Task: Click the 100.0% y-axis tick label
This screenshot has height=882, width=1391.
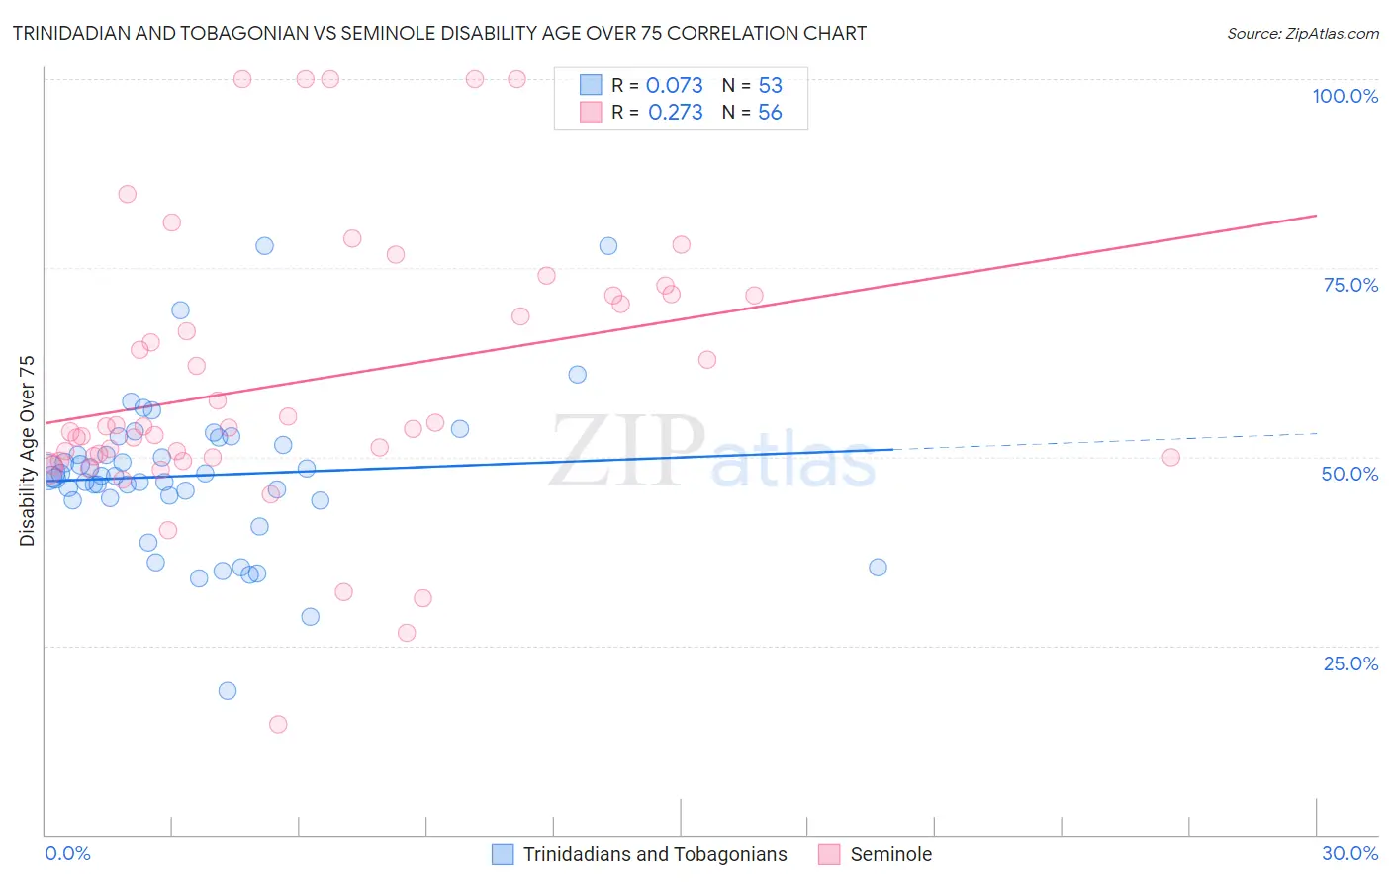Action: coord(1345,96)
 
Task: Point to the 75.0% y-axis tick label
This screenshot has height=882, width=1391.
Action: coord(1350,285)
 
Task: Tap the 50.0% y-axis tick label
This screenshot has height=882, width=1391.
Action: coord(1349,474)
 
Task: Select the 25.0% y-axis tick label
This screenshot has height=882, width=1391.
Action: coord(1350,663)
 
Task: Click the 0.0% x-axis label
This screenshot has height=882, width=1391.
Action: coord(67,853)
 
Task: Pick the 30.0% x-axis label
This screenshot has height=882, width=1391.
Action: coord(1349,853)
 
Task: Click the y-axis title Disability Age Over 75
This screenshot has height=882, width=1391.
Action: coord(28,451)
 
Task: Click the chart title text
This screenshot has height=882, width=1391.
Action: coord(439,33)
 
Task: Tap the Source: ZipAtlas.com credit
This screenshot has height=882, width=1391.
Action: coord(1302,33)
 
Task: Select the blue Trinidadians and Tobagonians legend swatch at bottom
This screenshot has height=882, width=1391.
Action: coord(503,854)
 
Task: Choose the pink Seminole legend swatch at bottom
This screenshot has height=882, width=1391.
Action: coord(829,854)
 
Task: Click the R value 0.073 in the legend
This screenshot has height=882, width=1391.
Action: coord(674,85)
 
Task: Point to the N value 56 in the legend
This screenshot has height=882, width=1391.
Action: coord(770,113)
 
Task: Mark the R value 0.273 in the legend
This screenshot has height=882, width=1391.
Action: coord(675,113)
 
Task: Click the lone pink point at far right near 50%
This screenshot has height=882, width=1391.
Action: coord(1170,457)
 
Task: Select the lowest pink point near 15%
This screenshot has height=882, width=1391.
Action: coord(278,724)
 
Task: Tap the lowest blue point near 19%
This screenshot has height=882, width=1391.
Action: coord(228,691)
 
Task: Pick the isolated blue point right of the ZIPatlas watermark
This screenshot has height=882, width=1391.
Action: coord(878,568)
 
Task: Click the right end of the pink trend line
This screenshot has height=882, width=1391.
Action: coord(1316,216)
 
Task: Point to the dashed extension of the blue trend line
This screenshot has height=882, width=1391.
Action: coord(1108,441)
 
